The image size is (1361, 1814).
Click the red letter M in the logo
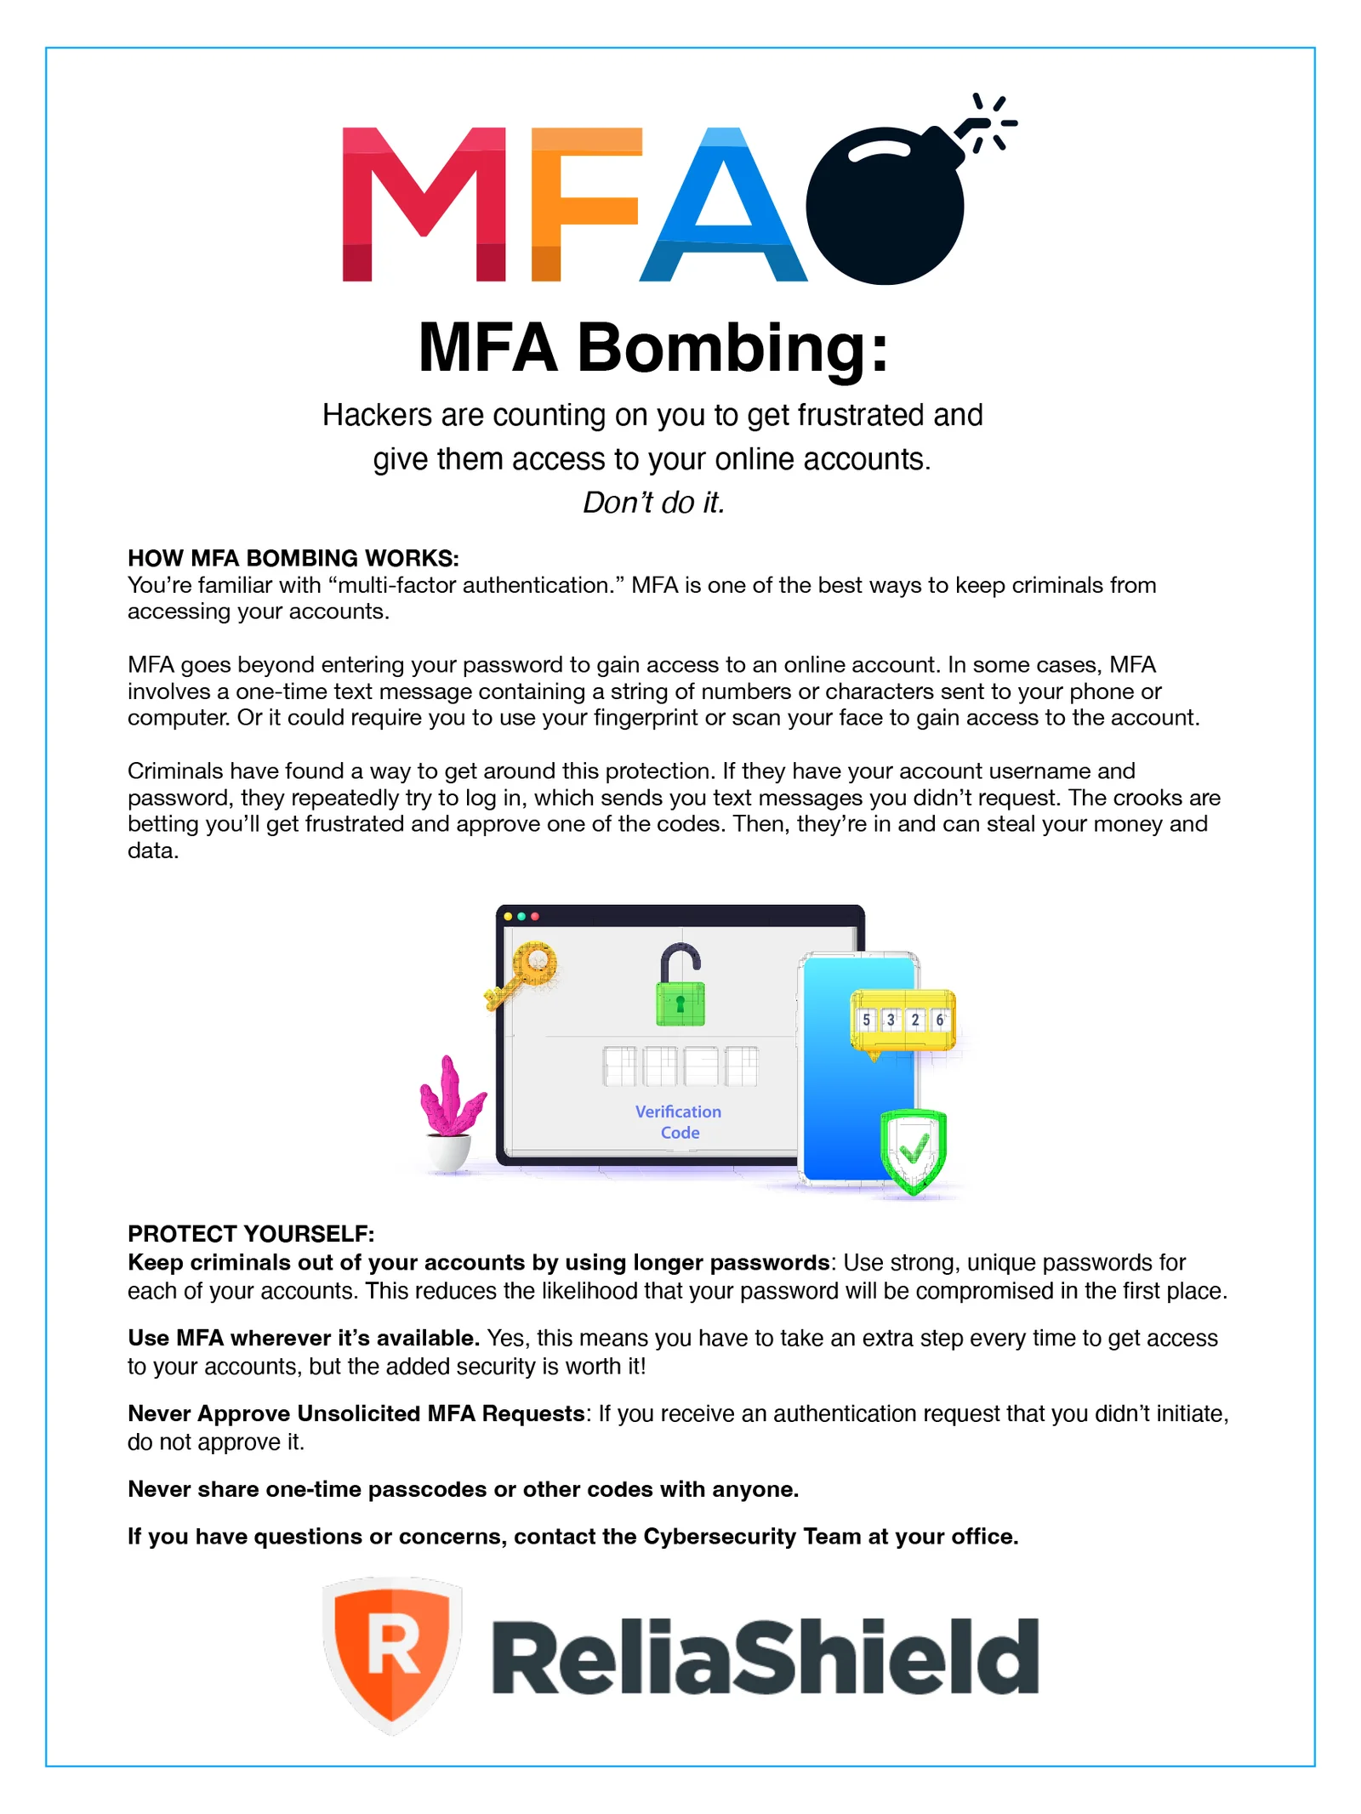[423, 204]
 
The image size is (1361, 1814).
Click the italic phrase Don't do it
[653, 503]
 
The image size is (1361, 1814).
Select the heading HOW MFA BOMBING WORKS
[293, 558]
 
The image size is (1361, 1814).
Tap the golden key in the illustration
[522, 973]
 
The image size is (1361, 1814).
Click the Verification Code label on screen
[678, 1122]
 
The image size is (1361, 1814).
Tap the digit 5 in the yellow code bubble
[866, 1019]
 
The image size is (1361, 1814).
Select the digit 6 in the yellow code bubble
[939, 1019]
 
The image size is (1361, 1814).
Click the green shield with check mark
[913, 1150]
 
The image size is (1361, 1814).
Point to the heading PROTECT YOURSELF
[251, 1233]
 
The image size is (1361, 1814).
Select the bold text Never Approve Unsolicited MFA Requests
[356, 1413]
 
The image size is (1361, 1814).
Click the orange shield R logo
[392, 1654]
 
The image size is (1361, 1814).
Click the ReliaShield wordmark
[765, 1657]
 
